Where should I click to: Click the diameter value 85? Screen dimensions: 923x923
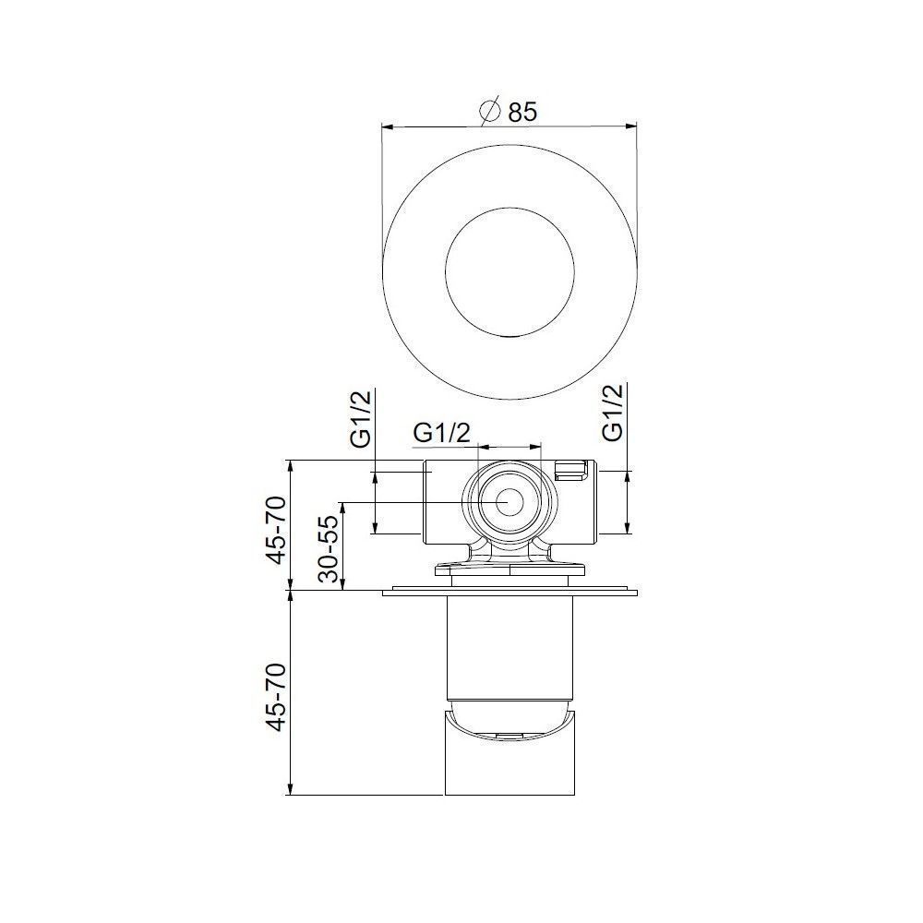(x=522, y=112)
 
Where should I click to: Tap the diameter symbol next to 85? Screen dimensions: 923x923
(x=490, y=111)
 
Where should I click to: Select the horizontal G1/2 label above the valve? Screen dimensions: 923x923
(x=442, y=433)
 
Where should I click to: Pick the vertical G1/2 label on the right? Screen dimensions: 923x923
(x=613, y=413)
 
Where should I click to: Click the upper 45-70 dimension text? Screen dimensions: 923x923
(x=277, y=531)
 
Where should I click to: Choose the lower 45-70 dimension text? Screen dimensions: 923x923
(x=277, y=698)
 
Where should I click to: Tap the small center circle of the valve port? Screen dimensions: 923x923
(x=509, y=502)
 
